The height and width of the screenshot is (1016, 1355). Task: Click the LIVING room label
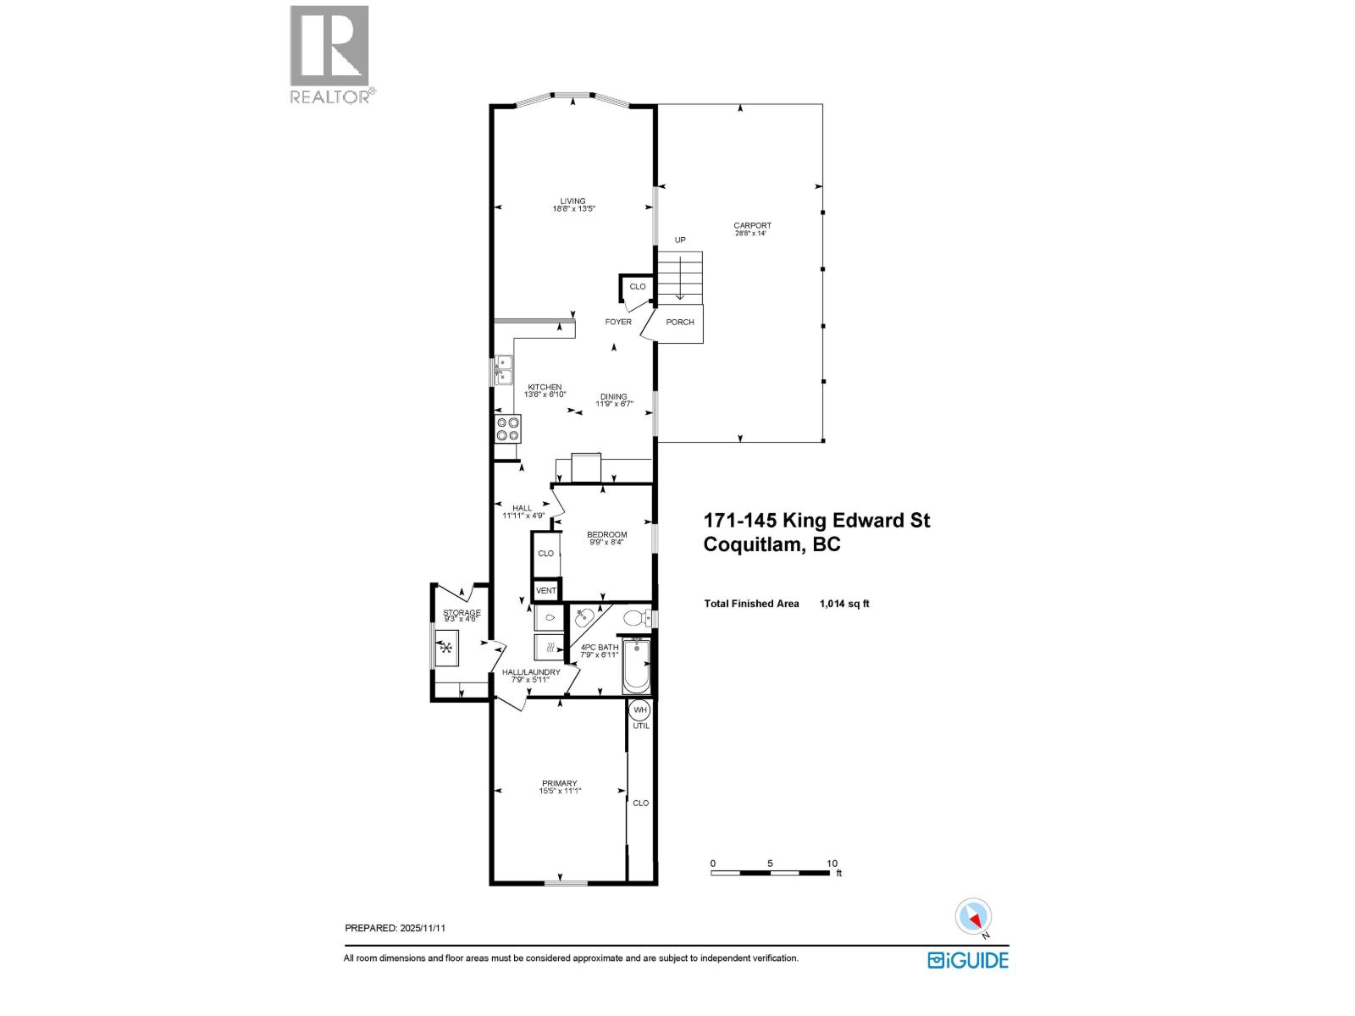(x=572, y=202)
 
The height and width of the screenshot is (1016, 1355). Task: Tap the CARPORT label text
(x=752, y=226)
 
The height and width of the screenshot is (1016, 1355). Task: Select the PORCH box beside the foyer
(x=680, y=323)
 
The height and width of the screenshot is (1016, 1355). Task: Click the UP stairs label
(x=679, y=240)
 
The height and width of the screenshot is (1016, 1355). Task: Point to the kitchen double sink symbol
(x=504, y=371)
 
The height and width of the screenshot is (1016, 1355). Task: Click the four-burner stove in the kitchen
(x=508, y=428)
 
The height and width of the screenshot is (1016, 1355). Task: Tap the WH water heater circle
(x=639, y=710)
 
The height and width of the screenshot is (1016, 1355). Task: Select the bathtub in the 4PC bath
(x=636, y=665)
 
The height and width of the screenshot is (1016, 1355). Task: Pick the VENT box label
(x=546, y=590)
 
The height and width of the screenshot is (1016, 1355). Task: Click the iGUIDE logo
(x=968, y=959)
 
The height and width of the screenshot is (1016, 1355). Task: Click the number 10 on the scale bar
(x=832, y=864)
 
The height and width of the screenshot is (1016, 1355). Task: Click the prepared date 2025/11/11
(x=421, y=928)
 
